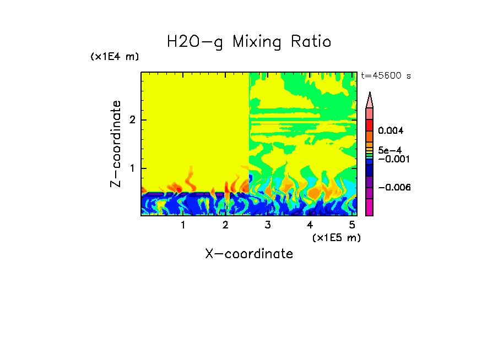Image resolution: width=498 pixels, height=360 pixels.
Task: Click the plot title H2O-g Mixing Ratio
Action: point(249,42)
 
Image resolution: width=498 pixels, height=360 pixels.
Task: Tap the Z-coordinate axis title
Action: point(116,144)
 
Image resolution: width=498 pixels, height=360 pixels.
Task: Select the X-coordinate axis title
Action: point(249,254)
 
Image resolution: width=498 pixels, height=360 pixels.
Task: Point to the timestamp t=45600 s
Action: point(386,76)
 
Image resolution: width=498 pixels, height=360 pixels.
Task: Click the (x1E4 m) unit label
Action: point(115,57)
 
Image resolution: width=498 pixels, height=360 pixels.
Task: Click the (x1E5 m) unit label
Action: point(336,237)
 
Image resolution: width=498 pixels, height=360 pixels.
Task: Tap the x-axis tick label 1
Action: point(183,225)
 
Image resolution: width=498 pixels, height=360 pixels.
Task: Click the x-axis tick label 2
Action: point(225,225)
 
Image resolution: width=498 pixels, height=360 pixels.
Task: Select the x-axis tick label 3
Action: point(268,225)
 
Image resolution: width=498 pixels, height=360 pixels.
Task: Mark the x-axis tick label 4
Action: point(310,225)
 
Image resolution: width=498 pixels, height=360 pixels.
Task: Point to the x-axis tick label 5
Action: point(352,225)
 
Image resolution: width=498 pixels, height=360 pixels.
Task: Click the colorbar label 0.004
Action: point(391,131)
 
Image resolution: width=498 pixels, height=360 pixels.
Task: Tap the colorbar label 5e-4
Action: point(389,150)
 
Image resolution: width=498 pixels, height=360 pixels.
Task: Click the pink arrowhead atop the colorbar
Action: point(370,100)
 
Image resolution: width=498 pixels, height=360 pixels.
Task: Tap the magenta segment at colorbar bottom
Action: point(370,208)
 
